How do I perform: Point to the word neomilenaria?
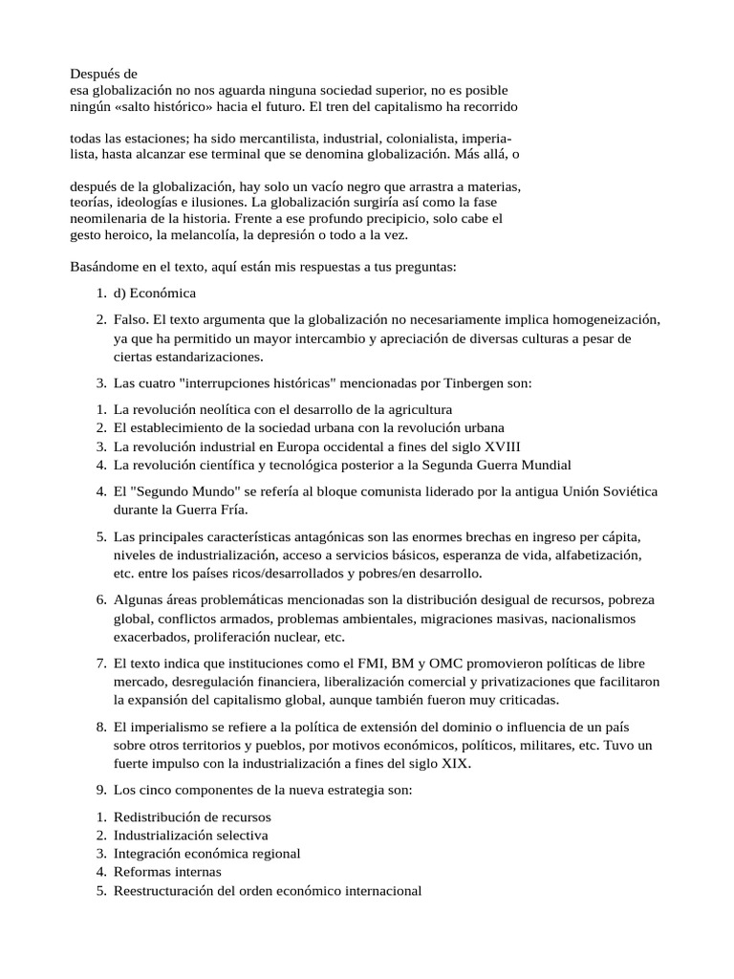tap(110, 218)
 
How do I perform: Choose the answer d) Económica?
tap(154, 293)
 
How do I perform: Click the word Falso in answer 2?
tap(131, 318)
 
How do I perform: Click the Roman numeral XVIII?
tap(502, 446)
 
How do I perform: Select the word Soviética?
tap(624, 491)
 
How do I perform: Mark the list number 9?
tap(100, 791)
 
